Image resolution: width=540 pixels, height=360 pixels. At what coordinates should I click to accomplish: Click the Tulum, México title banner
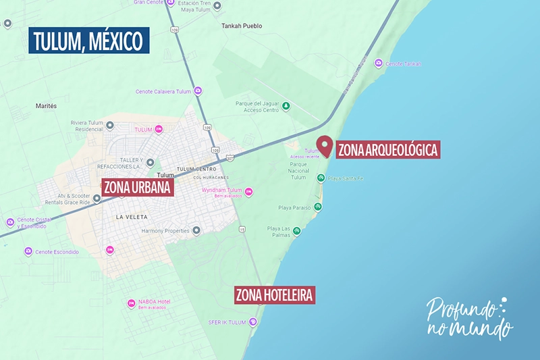pyautogui.click(x=88, y=41)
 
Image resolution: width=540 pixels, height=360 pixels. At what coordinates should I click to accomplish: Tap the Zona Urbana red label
pyautogui.click(x=138, y=187)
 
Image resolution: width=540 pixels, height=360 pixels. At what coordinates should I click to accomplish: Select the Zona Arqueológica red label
pyautogui.click(x=387, y=149)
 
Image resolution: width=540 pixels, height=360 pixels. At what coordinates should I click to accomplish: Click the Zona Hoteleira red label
pyautogui.click(x=275, y=295)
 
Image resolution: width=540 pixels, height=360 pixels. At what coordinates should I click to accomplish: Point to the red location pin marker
pyautogui.click(x=325, y=146)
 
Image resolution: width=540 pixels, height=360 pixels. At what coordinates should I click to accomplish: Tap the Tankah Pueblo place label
pyautogui.click(x=242, y=26)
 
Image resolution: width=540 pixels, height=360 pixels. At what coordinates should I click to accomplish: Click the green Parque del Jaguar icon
pyautogui.click(x=286, y=106)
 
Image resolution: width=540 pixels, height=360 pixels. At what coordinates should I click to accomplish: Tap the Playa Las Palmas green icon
pyautogui.click(x=296, y=232)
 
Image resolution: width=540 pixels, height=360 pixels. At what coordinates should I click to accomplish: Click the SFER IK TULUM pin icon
pyautogui.click(x=253, y=322)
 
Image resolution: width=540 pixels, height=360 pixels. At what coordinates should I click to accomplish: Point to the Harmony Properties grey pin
pyautogui.click(x=196, y=231)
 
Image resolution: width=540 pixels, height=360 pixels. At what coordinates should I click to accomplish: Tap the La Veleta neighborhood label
pyautogui.click(x=131, y=217)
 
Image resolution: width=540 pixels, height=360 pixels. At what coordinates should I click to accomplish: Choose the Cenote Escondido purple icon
pyautogui.click(x=28, y=252)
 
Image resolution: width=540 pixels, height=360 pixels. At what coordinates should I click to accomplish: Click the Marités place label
pyautogui.click(x=46, y=106)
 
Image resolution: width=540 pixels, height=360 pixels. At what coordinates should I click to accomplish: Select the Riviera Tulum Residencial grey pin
pyautogui.click(x=110, y=126)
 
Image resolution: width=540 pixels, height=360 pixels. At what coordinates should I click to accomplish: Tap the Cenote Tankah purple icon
pyautogui.click(x=379, y=63)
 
